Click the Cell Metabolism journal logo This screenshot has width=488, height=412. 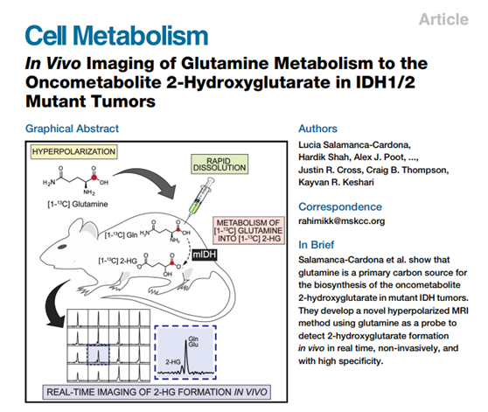116,36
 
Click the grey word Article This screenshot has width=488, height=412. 443,19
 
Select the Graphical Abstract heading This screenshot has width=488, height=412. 72,129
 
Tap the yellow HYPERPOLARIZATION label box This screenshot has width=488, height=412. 73,151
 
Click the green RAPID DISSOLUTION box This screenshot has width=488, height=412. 220,164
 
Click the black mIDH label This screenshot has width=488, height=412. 204,255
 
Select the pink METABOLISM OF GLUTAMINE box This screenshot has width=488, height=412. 248,230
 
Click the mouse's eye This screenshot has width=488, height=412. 62,247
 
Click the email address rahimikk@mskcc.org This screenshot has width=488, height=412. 341,221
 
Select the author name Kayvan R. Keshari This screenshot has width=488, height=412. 336,182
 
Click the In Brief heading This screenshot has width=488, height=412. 317,245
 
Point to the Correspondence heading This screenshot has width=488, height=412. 340,206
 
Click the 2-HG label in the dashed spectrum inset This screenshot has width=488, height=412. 173,362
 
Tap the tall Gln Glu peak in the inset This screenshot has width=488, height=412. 186,356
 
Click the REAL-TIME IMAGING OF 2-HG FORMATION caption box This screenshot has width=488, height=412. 157,392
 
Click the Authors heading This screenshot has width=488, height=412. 317,129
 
